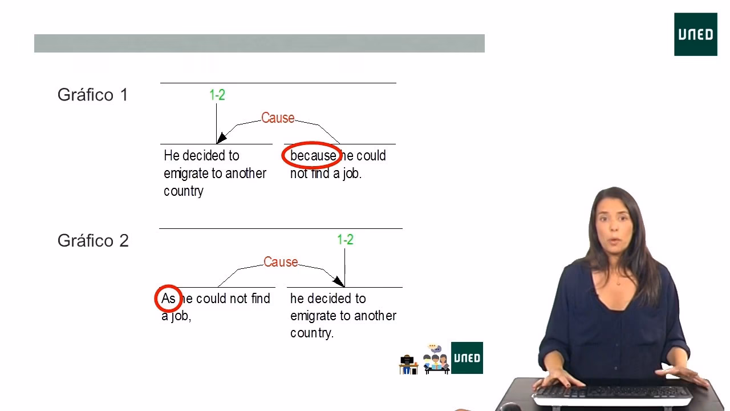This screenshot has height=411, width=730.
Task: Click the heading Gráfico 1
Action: tap(93, 95)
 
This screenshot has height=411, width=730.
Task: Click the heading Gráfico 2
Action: tap(93, 240)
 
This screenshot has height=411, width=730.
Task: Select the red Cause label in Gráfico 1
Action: tap(278, 118)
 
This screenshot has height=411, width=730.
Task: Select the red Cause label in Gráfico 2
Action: tap(281, 262)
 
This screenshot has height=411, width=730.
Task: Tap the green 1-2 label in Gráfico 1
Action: tap(217, 95)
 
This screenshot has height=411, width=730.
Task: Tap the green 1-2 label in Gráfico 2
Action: tap(345, 240)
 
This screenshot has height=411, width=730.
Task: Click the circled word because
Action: tap(313, 156)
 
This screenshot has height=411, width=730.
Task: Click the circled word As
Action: tap(168, 299)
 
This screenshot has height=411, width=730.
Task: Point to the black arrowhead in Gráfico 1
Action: tap(221, 138)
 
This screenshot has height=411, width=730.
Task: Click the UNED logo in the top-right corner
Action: tap(695, 34)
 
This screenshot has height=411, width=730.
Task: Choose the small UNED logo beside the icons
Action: tap(467, 358)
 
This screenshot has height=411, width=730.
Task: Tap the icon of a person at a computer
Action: tap(408, 364)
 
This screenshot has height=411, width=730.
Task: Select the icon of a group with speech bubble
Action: tap(435, 360)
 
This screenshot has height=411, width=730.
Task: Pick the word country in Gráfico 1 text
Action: tap(184, 191)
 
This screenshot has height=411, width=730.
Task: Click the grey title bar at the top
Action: tap(259, 43)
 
